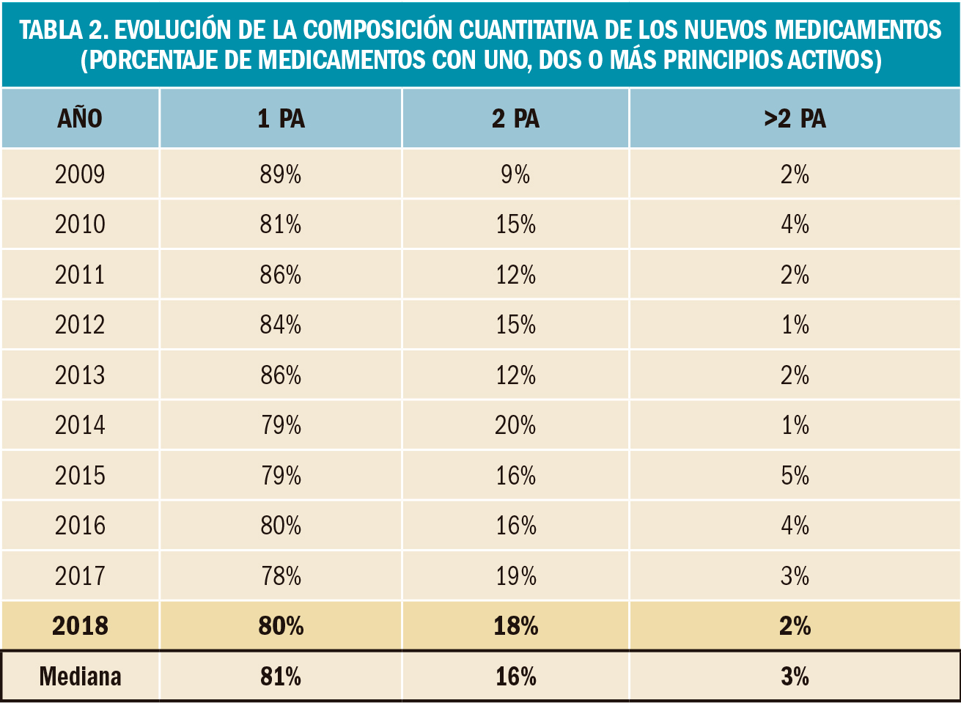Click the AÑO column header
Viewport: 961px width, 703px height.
pyautogui.click(x=80, y=119)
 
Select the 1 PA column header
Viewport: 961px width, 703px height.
pyautogui.click(x=281, y=119)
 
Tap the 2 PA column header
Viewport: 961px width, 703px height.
pyautogui.click(x=515, y=119)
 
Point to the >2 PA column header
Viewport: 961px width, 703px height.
pyautogui.click(x=795, y=119)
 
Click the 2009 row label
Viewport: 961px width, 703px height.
pyautogui.click(x=80, y=174)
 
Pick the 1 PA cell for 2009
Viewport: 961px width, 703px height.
pyautogui.click(x=281, y=174)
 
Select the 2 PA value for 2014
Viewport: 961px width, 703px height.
pyautogui.click(x=515, y=425)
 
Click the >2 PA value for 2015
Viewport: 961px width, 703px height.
pyautogui.click(x=795, y=476)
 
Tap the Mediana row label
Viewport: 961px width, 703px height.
pyautogui.click(x=80, y=676)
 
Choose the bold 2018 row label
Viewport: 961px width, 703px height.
pyautogui.click(x=80, y=626)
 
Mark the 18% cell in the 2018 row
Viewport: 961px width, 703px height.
pyautogui.click(x=515, y=626)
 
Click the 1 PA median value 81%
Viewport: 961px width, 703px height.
pyautogui.click(x=281, y=676)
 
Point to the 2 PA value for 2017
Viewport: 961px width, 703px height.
pyautogui.click(x=515, y=576)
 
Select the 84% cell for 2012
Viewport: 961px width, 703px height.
pyautogui.click(x=281, y=325)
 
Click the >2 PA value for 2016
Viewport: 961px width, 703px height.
pyautogui.click(x=795, y=526)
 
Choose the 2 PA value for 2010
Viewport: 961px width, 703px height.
pyautogui.click(x=515, y=224)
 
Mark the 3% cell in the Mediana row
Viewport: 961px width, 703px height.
pyautogui.click(x=795, y=676)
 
